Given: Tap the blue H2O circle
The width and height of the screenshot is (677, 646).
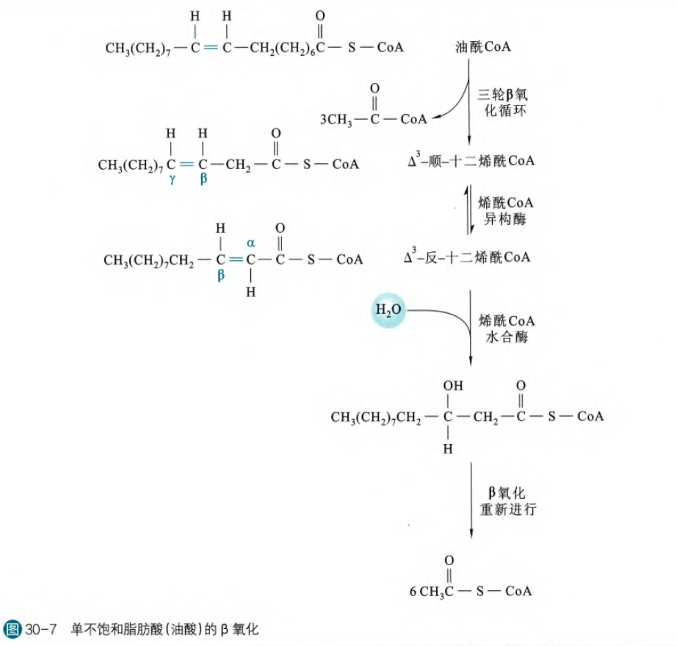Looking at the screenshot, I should coord(388,311).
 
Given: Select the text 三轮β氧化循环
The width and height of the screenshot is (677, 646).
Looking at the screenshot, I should coord(506,103).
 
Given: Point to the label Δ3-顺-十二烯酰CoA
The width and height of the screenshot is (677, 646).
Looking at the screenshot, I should coord(469,162).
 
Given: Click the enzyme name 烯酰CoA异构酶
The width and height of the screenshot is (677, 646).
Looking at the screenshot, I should coord(506,210).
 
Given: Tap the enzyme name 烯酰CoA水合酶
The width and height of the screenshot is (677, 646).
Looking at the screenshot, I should coord(506,329).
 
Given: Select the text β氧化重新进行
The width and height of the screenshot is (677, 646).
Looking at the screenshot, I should coord(506,501).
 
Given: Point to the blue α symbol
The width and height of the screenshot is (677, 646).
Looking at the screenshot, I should coord(250,242).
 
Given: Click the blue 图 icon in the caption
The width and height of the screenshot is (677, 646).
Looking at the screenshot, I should coord(12,630).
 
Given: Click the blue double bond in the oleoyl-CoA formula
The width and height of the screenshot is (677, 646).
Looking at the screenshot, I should coord(211,49).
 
